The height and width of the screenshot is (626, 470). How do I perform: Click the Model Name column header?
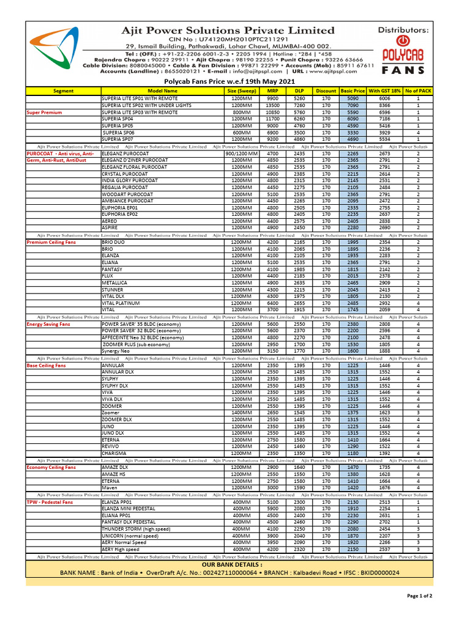[x=162, y=90]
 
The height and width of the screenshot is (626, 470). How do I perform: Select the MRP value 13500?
[x=272, y=105]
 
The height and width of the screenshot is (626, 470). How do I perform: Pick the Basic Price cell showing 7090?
[x=352, y=105]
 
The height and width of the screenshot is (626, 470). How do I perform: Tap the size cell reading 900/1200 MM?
[x=242, y=153]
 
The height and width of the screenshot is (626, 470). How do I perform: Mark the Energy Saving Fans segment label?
[x=48, y=324]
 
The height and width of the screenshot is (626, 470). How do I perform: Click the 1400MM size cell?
[x=242, y=413]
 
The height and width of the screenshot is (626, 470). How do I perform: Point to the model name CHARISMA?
[x=114, y=453]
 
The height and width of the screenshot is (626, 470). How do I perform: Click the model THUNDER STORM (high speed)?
[x=136, y=529]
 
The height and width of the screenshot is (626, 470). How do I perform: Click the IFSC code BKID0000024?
[x=373, y=573]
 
